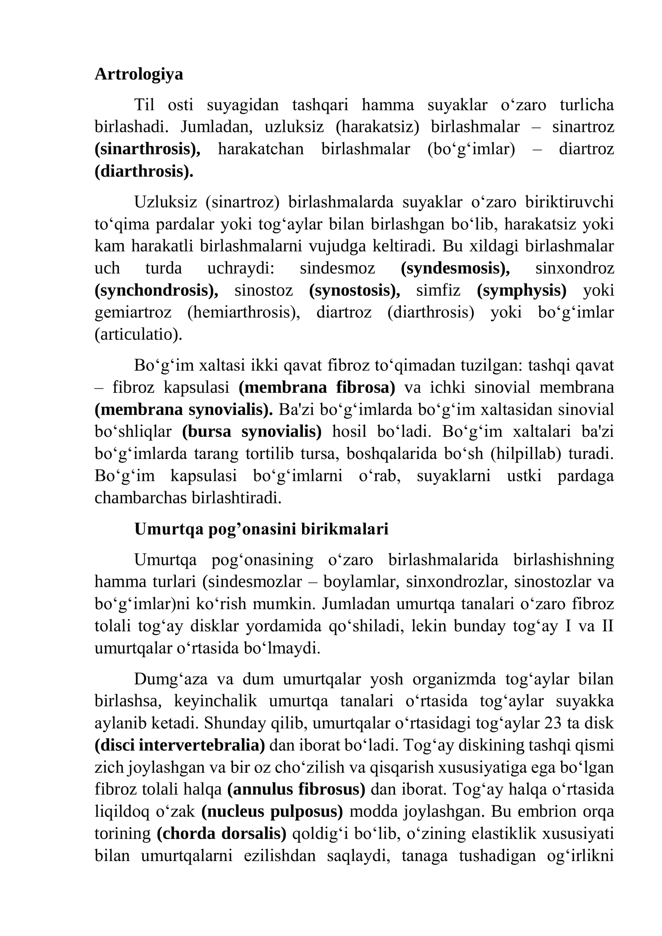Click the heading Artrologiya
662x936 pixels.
[x=139, y=74]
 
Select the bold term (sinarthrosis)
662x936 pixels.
[x=147, y=149]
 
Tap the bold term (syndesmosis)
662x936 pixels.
[x=456, y=268]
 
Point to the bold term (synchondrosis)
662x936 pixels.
[x=156, y=290]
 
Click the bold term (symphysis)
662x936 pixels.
[x=522, y=290]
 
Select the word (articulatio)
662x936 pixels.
[x=139, y=334]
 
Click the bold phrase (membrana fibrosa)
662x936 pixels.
[x=317, y=388]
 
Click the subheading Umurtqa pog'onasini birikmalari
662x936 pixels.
[x=261, y=529]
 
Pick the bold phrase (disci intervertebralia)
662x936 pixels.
[x=180, y=745]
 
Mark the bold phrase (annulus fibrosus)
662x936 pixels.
[x=296, y=790]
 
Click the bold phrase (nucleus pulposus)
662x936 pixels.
[x=272, y=811]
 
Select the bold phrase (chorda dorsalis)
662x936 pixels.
[x=221, y=834]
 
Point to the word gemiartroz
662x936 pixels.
[x=133, y=312]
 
